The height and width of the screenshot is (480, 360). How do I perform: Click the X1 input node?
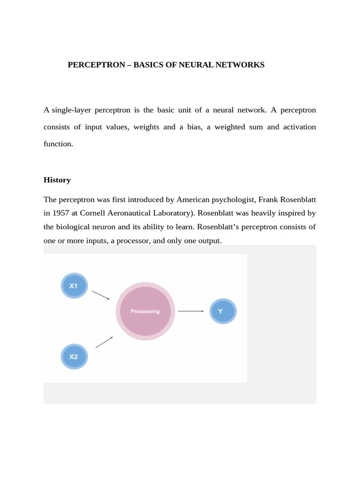click(x=74, y=285)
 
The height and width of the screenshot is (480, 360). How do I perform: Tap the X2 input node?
click(x=74, y=356)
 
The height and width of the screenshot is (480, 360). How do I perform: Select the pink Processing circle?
click(x=145, y=311)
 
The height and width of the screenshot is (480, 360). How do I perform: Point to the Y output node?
click(x=223, y=311)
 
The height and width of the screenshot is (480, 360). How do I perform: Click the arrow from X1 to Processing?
click(x=101, y=295)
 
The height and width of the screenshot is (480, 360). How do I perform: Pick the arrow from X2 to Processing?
click(x=104, y=342)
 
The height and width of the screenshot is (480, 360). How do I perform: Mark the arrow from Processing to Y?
click(x=191, y=311)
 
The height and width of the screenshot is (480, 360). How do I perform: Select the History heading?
click(x=57, y=180)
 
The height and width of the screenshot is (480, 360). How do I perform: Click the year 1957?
click(x=61, y=213)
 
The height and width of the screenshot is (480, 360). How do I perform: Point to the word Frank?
click(x=268, y=200)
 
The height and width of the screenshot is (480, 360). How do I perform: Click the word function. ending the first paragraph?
click(x=59, y=144)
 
